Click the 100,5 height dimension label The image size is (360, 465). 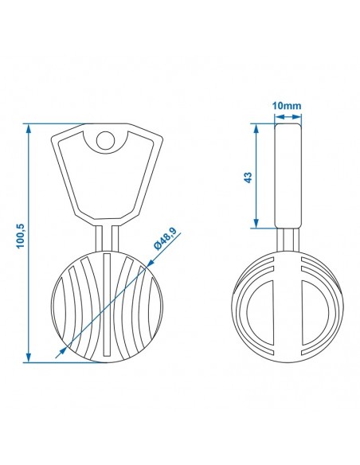(x=22, y=236)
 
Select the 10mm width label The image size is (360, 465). (x=287, y=106)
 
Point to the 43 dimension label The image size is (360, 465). (x=248, y=177)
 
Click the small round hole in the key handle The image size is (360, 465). (x=106, y=140)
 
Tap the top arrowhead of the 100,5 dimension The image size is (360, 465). (x=29, y=129)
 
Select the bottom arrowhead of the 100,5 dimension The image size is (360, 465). (x=29, y=357)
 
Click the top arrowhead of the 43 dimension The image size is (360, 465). (x=256, y=129)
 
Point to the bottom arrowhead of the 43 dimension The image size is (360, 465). (x=256, y=223)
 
